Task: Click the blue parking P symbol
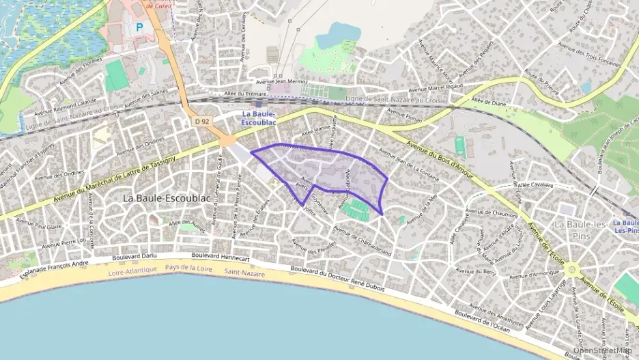[140, 28]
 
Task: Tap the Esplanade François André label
[55, 267]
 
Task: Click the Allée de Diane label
[488, 102]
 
